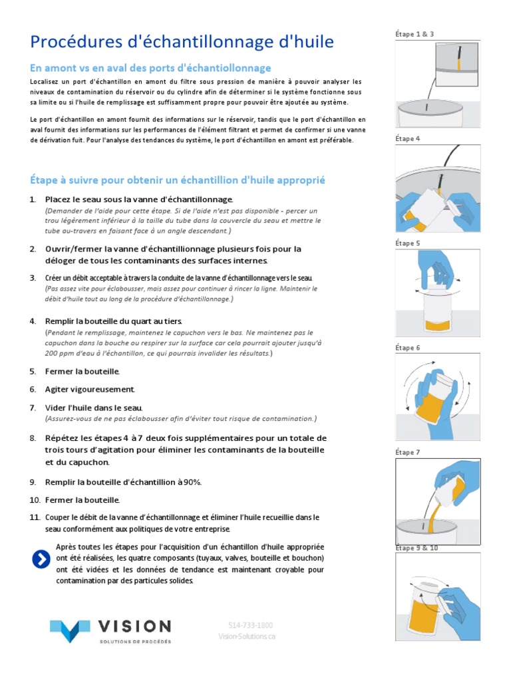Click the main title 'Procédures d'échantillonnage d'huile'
(182, 43)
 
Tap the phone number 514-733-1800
(250, 625)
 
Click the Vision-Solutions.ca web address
(247, 636)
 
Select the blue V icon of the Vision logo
(70, 629)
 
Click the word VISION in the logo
(134, 626)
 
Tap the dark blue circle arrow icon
(41, 560)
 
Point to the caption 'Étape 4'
(407, 138)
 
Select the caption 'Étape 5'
(407, 243)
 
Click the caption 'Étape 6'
(407, 348)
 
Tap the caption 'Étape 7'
(407, 452)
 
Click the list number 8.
(33, 438)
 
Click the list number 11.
(35, 517)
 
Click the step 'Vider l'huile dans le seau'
(93, 407)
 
